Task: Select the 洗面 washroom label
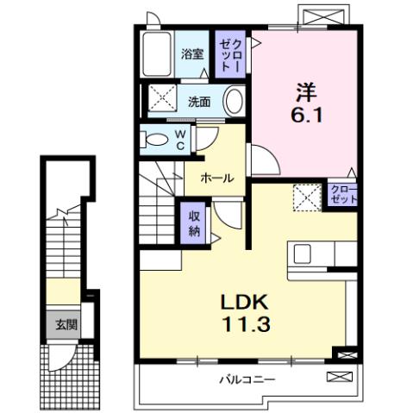tap(199, 101)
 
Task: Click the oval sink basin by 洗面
tap(234, 101)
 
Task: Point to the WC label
tap(179, 139)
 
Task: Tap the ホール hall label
tap(216, 178)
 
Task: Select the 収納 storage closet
tap(194, 223)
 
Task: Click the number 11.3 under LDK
tap(247, 325)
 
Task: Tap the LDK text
tap(247, 302)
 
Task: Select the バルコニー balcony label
tap(247, 379)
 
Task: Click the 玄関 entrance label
tap(66, 325)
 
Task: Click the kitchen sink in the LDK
tap(303, 253)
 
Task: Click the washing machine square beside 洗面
tap(160, 97)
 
